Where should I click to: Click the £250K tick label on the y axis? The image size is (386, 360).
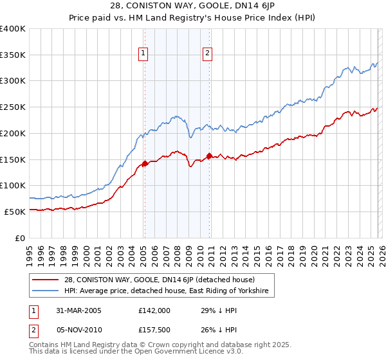(12, 107)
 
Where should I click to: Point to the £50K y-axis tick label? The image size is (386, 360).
(15, 212)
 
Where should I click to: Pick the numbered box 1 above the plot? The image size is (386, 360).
(143, 54)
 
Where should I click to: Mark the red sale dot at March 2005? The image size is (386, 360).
(145, 164)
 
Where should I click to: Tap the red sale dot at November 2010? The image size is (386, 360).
(210, 156)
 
